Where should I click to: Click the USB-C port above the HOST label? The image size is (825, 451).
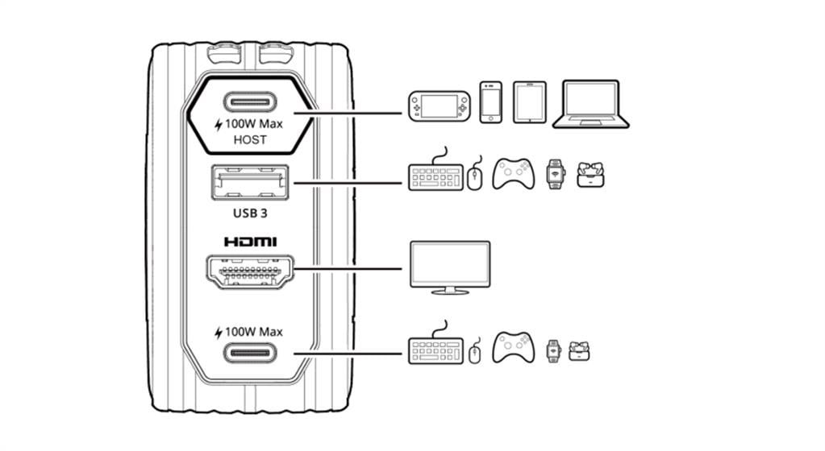[251, 102]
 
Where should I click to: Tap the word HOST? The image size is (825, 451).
[250, 140]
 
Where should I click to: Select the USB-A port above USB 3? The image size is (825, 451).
[250, 182]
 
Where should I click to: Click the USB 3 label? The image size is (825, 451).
[250, 213]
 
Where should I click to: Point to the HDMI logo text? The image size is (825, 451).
[251, 242]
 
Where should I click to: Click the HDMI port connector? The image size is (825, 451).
[250, 271]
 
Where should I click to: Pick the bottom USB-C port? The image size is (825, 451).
[251, 353]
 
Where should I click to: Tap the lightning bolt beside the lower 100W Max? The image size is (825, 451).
[219, 333]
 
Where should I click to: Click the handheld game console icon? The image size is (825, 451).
[440, 106]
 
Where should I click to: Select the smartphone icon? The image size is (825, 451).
[491, 102]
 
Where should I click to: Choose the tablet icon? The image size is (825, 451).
[530, 102]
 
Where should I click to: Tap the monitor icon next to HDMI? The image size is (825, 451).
[450, 267]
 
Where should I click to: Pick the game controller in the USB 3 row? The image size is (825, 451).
[513, 174]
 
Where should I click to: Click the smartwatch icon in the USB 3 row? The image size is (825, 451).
[555, 174]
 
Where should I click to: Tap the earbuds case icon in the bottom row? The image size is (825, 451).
[579, 351]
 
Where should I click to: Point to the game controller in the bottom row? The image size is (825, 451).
[513, 347]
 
